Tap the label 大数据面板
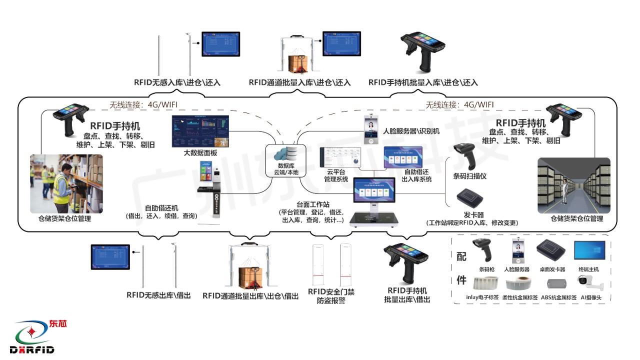click(200, 153)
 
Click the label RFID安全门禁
click(331, 292)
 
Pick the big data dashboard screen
click(200, 131)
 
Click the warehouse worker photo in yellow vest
click(66, 183)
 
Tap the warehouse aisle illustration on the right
click(573, 185)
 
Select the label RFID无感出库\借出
click(158, 295)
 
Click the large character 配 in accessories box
click(461, 256)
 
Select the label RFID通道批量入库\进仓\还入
click(299, 82)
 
